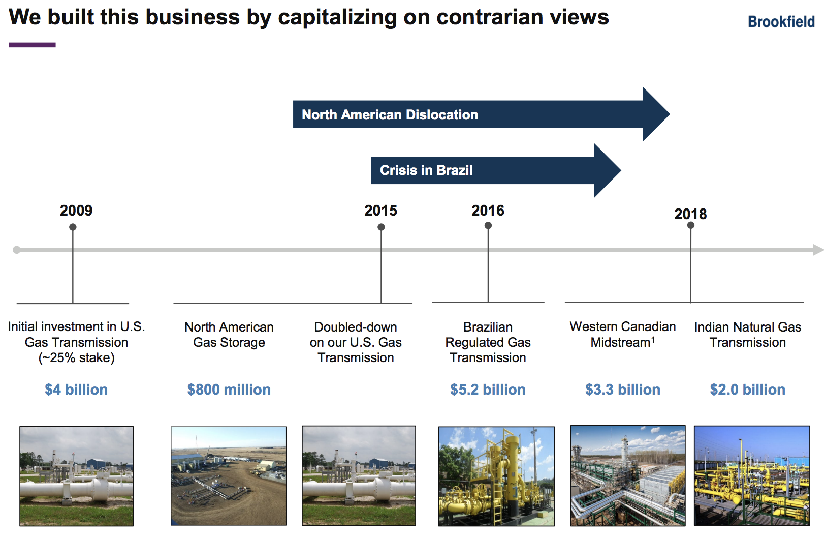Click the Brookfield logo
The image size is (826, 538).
(781, 22)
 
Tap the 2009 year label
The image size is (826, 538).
(76, 211)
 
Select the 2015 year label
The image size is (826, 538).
(381, 211)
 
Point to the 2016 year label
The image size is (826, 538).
(488, 211)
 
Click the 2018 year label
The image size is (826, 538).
(691, 214)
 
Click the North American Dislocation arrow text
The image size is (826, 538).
(390, 115)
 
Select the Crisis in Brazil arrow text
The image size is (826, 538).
(426, 170)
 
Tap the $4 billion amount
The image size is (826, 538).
(76, 390)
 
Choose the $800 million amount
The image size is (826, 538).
(229, 390)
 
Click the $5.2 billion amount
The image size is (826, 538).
(488, 390)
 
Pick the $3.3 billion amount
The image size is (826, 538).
(623, 390)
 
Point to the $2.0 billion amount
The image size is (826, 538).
(748, 390)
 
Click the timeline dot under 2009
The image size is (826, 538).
(73, 227)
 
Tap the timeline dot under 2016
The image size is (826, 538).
(488, 225)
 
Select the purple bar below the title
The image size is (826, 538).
(33, 45)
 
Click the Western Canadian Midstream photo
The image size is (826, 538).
(627, 475)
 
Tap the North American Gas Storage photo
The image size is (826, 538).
(229, 476)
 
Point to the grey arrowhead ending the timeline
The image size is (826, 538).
(818, 250)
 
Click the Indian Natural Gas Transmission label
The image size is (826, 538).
(748, 335)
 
